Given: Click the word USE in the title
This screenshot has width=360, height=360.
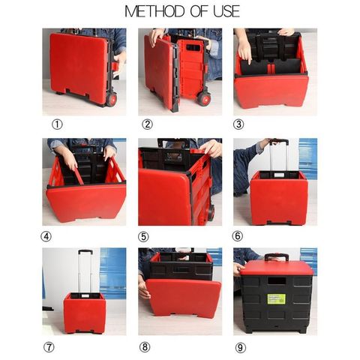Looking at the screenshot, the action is (x=226, y=11).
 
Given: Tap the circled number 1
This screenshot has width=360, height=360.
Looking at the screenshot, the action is (x=57, y=124).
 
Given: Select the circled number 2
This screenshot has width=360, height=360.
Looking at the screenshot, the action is (x=147, y=124).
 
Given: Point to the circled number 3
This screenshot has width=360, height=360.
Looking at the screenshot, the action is (x=238, y=124).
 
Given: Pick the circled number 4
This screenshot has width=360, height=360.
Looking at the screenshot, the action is (x=46, y=236).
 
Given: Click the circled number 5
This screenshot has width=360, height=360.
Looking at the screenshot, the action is (x=143, y=237).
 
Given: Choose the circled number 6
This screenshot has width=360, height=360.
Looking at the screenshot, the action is (x=237, y=236).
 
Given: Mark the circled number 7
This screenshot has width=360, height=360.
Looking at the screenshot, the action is (x=49, y=347).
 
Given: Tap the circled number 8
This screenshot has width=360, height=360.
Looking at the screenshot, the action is (x=145, y=347).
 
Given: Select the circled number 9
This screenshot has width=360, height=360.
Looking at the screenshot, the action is (x=241, y=347).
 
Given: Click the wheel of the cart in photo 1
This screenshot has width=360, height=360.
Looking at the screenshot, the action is (x=112, y=99).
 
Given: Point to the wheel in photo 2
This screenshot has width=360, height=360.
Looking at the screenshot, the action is (x=204, y=98).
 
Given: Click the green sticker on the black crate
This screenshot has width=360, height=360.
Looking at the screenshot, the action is (x=276, y=299).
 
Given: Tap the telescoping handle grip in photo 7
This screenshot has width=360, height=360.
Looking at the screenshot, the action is (x=85, y=252).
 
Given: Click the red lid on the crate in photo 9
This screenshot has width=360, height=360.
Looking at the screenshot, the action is (x=277, y=268).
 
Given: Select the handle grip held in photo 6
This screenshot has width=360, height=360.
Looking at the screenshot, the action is (x=279, y=142).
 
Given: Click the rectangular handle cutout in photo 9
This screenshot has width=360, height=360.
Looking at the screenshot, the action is (x=277, y=280).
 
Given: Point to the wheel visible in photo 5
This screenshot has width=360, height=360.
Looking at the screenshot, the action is (x=211, y=213).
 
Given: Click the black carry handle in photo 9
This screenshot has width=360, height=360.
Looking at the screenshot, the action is (x=277, y=256).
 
